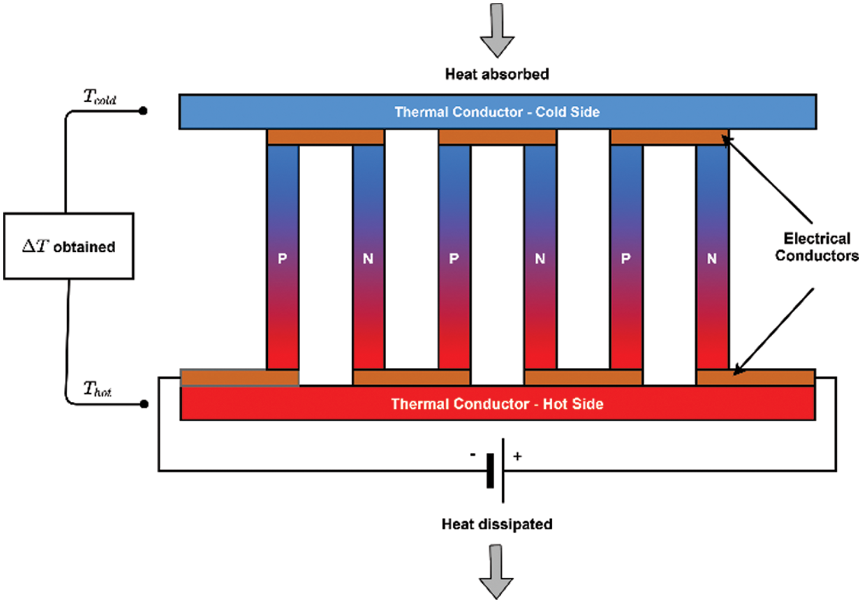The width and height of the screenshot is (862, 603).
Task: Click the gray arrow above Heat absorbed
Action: (x=497, y=31)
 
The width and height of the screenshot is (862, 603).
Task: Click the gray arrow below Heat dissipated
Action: (x=497, y=571)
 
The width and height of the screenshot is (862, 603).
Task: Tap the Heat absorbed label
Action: (x=497, y=74)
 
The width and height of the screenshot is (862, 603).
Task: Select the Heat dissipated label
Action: (x=497, y=524)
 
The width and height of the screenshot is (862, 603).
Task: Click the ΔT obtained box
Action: (x=69, y=247)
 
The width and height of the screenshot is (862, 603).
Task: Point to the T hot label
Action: (x=97, y=389)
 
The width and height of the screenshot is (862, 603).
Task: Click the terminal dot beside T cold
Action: (x=143, y=110)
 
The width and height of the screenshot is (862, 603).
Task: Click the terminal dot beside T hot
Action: (x=144, y=404)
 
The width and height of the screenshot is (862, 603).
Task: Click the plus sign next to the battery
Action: (x=518, y=456)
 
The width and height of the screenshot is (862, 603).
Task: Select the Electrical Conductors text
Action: (x=817, y=247)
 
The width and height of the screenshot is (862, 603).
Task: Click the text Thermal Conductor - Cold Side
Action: (x=497, y=112)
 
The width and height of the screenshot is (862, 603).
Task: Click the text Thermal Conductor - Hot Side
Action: (x=497, y=404)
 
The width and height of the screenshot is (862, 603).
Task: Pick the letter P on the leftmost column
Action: (x=282, y=259)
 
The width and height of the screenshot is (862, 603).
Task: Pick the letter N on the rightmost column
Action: (x=712, y=259)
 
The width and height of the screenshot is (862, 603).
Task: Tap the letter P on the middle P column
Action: (x=454, y=259)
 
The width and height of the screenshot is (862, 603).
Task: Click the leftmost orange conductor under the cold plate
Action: (x=325, y=137)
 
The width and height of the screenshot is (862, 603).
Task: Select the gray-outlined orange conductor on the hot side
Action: (x=240, y=378)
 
